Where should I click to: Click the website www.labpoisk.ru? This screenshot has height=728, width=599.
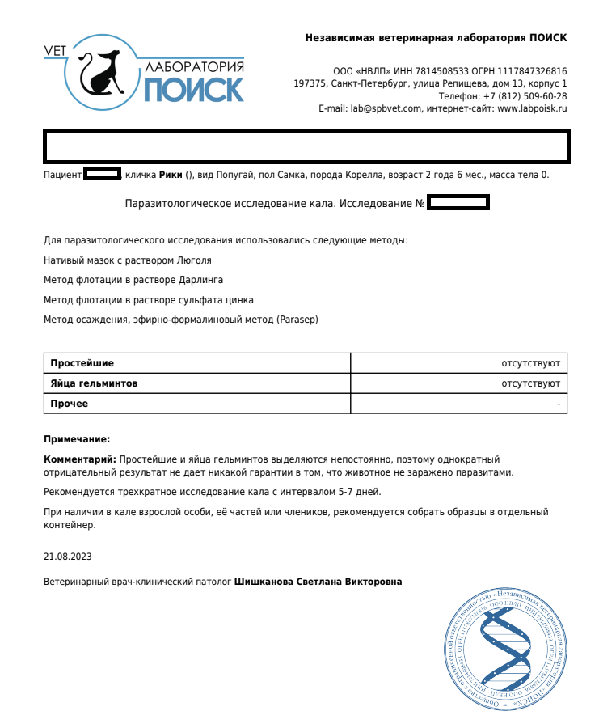[532, 108]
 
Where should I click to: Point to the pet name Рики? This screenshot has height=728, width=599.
[171, 175]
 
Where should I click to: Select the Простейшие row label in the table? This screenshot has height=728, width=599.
[82, 363]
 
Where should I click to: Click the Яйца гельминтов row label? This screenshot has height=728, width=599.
[94, 383]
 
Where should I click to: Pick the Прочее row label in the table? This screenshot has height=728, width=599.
[70, 404]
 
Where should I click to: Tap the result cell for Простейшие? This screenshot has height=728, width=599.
[530, 363]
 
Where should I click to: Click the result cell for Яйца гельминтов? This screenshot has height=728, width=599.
[530, 383]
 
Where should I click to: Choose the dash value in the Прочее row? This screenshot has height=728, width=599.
[559, 404]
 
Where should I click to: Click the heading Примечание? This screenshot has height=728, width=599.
[76, 439]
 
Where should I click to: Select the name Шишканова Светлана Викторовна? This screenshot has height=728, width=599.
[318, 582]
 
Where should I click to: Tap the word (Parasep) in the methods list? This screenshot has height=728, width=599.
[297, 320]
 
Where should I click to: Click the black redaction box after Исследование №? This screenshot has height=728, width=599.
[458, 202]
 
